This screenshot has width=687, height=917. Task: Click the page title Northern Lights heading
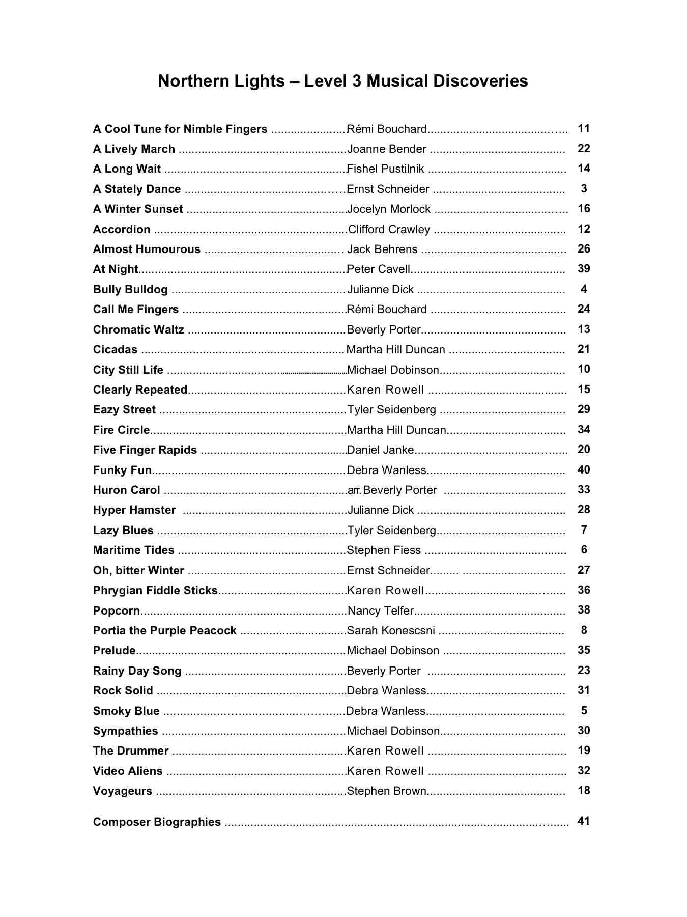pyautogui.click(x=342, y=81)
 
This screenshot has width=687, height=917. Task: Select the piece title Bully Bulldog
pyautogui.click(x=130, y=290)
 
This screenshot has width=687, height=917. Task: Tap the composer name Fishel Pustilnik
pyautogui.click(x=385, y=169)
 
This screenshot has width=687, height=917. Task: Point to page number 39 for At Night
pyautogui.click(x=584, y=269)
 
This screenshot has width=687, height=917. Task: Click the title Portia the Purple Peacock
pyautogui.click(x=164, y=631)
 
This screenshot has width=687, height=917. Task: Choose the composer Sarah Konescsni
pyautogui.click(x=391, y=631)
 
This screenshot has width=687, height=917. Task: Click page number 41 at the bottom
pyautogui.click(x=584, y=821)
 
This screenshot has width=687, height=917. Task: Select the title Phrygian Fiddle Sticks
pyautogui.click(x=155, y=591)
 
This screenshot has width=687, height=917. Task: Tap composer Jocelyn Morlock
pyautogui.click(x=389, y=209)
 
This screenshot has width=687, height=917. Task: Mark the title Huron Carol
pyautogui.click(x=126, y=490)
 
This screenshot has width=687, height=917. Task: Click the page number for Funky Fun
pyautogui.click(x=584, y=470)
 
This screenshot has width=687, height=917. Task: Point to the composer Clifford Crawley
pyautogui.click(x=389, y=230)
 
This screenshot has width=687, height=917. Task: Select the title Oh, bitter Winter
pyautogui.click(x=138, y=571)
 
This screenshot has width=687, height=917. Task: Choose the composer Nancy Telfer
pyautogui.click(x=381, y=610)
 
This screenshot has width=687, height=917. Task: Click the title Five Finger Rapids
pyautogui.click(x=145, y=450)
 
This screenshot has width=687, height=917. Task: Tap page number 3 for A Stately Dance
pyautogui.click(x=584, y=189)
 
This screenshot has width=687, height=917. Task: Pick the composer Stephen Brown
pyautogui.click(x=386, y=791)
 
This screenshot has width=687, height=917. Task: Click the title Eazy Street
pyautogui.click(x=124, y=410)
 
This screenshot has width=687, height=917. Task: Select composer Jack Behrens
pyautogui.click(x=382, y=249)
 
